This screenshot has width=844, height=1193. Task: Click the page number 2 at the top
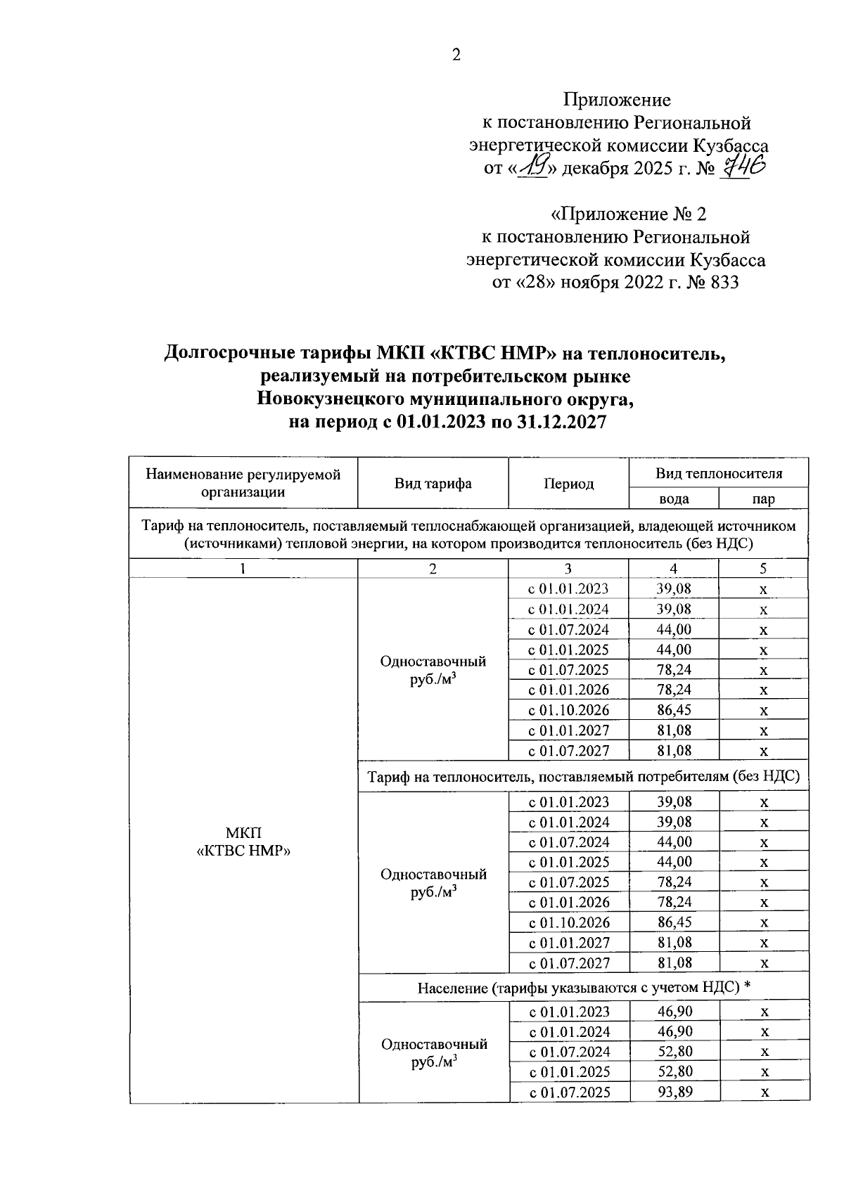456,56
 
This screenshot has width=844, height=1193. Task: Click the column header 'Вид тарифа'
433,484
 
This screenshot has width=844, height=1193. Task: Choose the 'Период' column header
568,484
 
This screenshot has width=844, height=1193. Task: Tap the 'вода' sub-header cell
673,499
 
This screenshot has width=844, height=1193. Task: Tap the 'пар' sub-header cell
763,499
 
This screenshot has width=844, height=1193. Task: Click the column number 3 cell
568,569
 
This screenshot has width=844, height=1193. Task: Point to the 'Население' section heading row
584,988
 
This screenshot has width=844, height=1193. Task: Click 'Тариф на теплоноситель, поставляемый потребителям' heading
584,777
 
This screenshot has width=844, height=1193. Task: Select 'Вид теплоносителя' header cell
718,473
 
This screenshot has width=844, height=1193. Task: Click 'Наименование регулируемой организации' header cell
243,483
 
